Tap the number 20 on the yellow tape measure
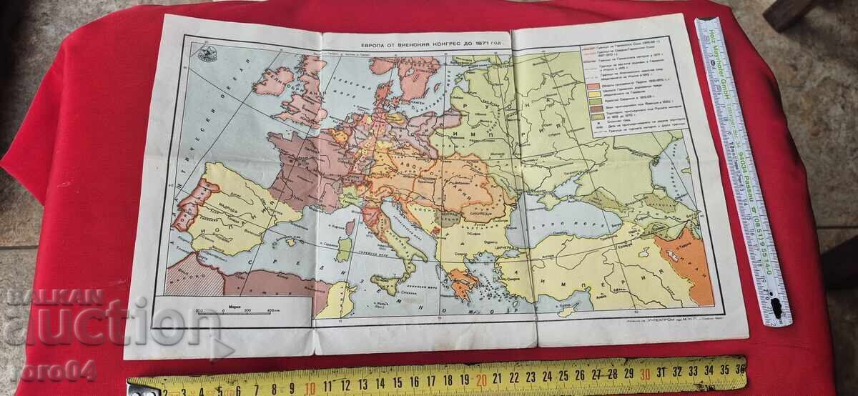pos(481,376)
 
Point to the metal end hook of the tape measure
pos(136,389)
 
